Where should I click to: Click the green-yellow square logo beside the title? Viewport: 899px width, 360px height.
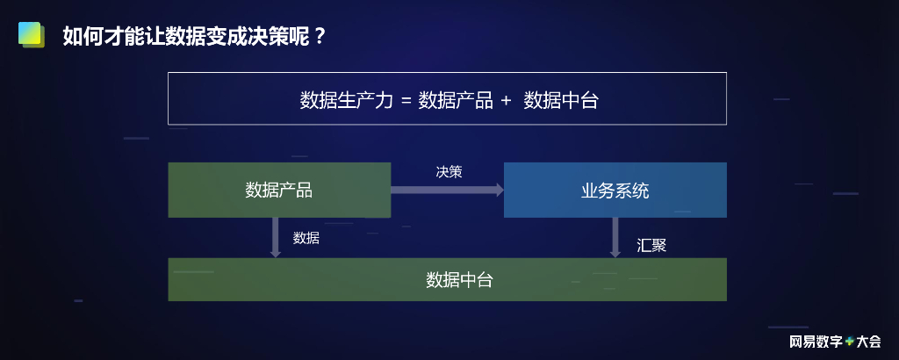point(31,35)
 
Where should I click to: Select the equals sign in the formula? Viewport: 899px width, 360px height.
point(406,100)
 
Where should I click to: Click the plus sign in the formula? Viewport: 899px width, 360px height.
point(506,100)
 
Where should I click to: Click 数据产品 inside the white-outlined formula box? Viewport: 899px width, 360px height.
point(455,99)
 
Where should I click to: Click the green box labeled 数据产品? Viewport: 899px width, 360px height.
point(279,190)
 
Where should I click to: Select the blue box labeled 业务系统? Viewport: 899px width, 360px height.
point(615,190)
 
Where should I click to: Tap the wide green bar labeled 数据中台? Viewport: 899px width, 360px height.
point(447,279)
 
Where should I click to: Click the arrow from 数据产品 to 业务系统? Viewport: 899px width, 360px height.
point(447,190)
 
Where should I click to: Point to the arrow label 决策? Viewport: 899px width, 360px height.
point(449,172)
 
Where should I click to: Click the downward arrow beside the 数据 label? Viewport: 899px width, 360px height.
point(275,237)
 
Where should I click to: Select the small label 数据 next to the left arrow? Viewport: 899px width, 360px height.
point(306,238)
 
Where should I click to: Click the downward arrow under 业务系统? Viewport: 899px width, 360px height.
point(615,237)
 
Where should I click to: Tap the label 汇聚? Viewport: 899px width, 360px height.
point(651,246)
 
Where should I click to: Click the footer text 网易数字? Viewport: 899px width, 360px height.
point(816,342)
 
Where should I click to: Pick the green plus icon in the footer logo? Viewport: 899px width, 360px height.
point(849,342)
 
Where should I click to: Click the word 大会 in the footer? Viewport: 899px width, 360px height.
point(868,342)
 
